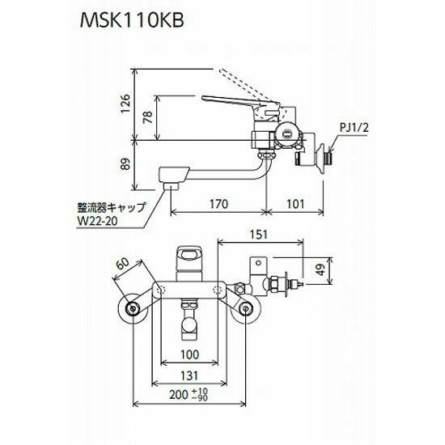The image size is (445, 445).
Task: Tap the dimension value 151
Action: point(258,235)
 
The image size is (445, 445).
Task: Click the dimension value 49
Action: point(322,269)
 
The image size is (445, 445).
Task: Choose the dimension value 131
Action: point(188,376)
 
